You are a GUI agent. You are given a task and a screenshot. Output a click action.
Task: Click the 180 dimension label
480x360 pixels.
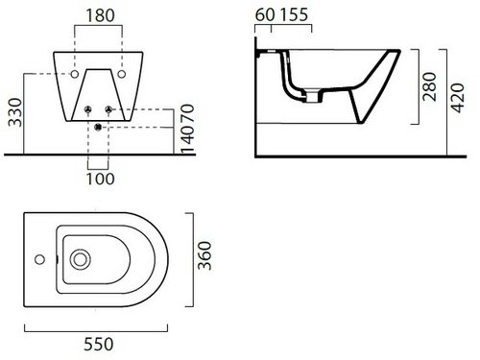tap(100, 15)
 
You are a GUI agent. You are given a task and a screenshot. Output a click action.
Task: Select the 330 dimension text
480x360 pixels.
tap(15, 112)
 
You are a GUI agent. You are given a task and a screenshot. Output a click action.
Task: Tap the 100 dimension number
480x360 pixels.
tap(100, 179)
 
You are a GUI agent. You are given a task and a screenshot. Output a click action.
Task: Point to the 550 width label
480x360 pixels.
tap(99, 344)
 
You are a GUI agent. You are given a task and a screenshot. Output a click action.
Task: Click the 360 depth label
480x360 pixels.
tap(204, 255)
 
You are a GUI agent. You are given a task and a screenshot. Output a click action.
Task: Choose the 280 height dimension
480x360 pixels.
tap(429, 86)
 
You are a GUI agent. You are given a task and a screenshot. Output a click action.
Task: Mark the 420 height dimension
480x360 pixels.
tap(457, 98)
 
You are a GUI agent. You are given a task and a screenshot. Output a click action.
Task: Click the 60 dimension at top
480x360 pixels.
tap(265, 14)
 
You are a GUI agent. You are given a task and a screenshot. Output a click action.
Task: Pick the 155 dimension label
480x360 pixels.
tap(294, 14)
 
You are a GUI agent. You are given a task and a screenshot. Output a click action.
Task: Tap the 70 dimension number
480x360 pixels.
tap(187, 113)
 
